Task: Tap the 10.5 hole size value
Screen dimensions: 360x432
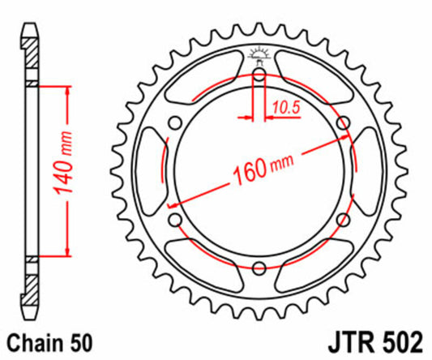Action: coord(284,104)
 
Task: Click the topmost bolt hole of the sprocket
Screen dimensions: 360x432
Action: coord(259,77)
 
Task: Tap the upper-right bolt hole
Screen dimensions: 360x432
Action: coord(342,124)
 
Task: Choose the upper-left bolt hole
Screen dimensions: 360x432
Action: coord(174,124)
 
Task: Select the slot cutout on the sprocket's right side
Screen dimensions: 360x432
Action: coord(366,172)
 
